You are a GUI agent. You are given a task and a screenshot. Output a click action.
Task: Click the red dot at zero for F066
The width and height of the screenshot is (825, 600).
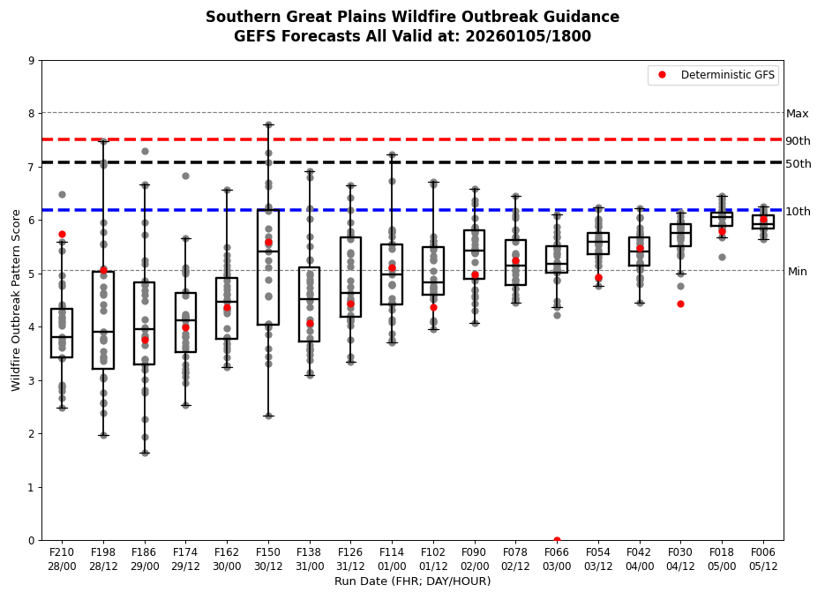[x=557, y=540]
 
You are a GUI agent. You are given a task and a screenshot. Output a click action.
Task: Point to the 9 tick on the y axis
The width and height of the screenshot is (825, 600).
[x=32, y=61]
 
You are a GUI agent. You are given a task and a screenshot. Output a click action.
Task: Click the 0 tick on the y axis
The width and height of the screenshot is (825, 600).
[x=32, y=540]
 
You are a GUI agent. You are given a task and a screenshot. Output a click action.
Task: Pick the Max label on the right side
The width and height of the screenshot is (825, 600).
[x=797, y=114]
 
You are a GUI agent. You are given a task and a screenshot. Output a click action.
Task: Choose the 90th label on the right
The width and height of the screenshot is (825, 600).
[x=798, y=141]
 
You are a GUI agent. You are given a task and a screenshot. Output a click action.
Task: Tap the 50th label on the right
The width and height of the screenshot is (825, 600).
[x=798, y=164]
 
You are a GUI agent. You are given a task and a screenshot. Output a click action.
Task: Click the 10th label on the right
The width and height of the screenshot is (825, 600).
[x=798, y=212]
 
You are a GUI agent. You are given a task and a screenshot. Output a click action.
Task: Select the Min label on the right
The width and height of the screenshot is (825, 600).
[x=797, y=272]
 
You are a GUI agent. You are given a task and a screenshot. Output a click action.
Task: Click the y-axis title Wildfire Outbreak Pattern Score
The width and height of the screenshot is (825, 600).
[x=16, y=300]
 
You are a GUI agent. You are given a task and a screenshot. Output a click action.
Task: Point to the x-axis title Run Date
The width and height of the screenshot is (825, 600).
[x=412, y=581]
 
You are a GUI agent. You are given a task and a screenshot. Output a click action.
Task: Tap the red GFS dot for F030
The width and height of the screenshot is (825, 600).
[x=680, y=304]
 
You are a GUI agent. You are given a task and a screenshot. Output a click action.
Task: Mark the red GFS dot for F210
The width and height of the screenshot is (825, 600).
[x=62, y=234]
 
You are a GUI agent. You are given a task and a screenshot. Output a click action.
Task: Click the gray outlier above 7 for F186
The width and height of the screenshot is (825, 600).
[x=145, y=151]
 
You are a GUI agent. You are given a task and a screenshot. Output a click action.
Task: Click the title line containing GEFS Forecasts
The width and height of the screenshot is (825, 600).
[x=412, y=37]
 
